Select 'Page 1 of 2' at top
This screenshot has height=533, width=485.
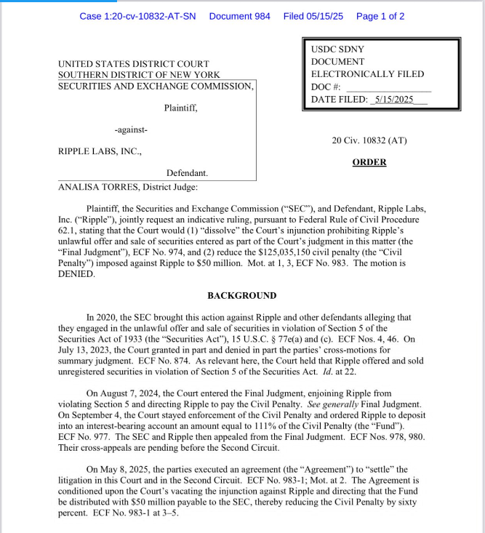(x=380, y=16)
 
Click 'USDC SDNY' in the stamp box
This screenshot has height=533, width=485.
(x=337, y=49)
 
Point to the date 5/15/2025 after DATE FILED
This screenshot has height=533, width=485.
(x=391, y=100)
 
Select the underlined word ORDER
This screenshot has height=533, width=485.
(x=369, y=162)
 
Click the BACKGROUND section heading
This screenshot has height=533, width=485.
(x=241, y=296)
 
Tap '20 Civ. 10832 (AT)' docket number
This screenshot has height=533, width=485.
(x=369, y=140)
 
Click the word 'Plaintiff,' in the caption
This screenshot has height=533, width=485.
(x=180, y=108)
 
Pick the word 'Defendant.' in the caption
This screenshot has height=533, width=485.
(x=187, y=174)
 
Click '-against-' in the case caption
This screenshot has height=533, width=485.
(x=131, y=130)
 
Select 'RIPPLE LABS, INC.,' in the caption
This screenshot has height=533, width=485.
(x=100, y=152)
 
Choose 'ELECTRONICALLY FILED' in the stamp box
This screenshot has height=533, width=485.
(x=367, y=74)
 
